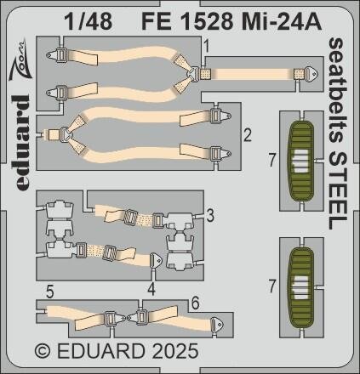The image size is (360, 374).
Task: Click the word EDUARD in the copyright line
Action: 95,350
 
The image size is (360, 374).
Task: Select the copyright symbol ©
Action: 41,350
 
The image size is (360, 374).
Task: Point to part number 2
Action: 246,134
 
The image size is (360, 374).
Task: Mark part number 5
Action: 51,290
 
